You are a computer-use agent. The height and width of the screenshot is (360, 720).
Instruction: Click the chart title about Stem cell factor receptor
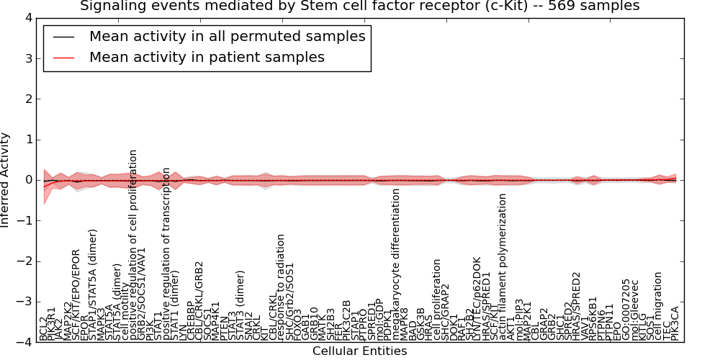coord(359,6)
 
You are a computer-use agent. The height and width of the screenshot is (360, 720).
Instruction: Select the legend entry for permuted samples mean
coord(227,36)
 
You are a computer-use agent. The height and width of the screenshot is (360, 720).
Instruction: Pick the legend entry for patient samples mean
coord(207,57)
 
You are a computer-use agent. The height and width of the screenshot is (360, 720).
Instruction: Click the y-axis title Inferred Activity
coord(6,180)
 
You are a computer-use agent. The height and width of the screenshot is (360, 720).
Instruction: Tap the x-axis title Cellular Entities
coord(359,351)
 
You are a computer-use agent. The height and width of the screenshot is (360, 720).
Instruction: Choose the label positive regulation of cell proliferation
coord(133,245)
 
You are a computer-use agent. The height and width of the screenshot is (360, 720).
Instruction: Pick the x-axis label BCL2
coord(43,328)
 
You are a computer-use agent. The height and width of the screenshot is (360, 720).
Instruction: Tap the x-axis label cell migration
coord(658,305)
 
